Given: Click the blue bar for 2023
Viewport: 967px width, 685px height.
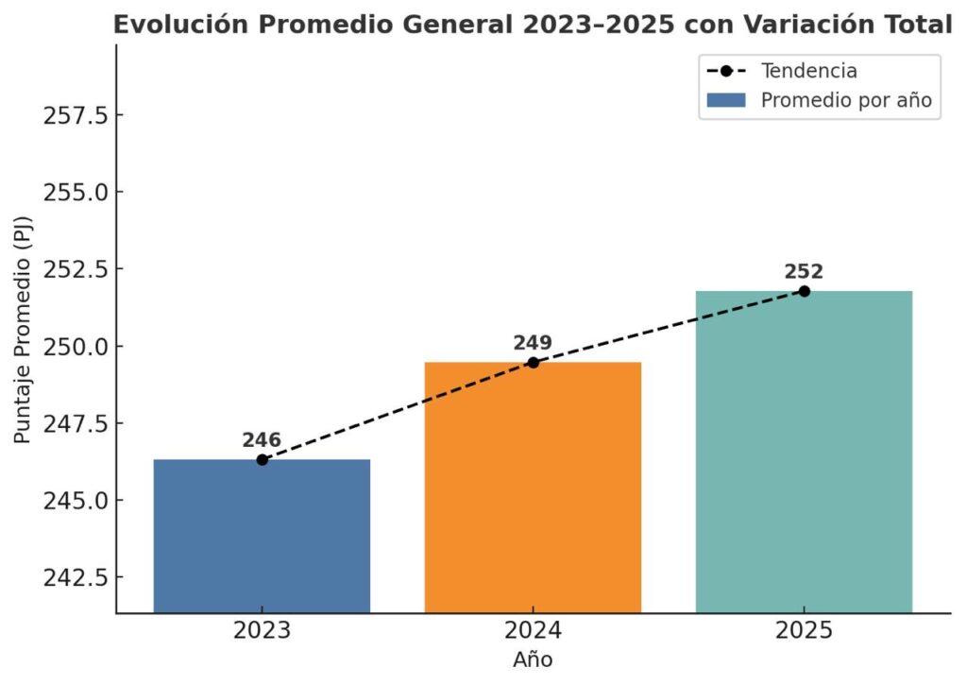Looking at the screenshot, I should pos(262,536).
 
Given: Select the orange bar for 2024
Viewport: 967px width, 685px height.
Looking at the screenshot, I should pos(533,488).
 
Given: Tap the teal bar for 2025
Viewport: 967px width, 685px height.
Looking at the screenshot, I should pos(804,452).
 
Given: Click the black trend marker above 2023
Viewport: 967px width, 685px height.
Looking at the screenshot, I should pos(262,459).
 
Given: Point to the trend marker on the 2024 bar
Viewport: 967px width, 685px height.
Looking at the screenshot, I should pos(533,362).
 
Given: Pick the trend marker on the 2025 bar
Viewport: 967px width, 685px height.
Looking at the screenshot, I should pos(804,291).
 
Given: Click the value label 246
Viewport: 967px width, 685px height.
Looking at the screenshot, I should pos(262,439).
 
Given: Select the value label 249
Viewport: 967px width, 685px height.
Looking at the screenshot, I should pos(533,342).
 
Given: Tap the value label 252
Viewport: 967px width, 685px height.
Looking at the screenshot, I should pos(804,271).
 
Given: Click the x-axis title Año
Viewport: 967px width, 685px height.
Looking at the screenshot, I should pos(533,659).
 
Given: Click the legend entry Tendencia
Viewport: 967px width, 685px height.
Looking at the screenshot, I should pos(809,71).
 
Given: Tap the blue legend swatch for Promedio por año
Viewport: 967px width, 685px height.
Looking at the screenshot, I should pos(726,100).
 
